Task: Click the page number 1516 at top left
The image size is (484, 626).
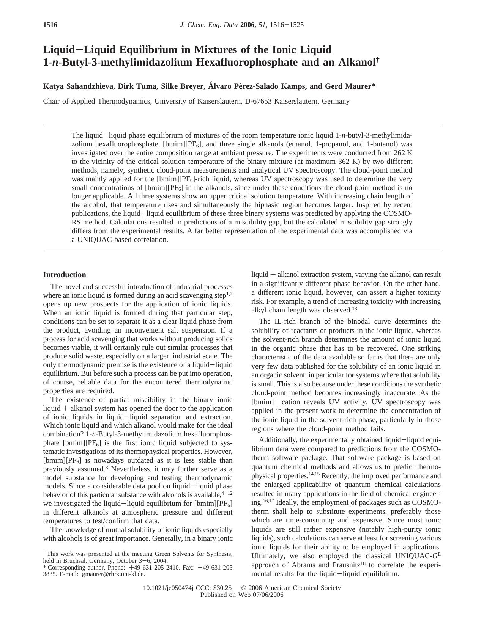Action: [x=50, y=25]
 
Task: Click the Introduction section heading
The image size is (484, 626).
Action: [x=65, y=275]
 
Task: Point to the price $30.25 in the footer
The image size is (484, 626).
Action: [x=223, y=588]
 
